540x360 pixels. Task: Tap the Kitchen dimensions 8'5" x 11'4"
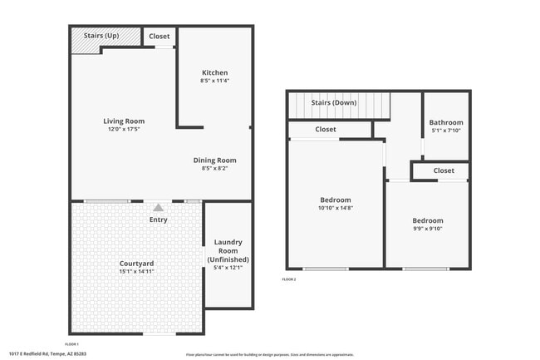(x=214, y=81)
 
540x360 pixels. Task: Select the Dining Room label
(x=214, y=160)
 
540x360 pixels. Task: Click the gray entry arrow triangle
(x=159, y=207)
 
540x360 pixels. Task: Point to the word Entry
(x=158, y=220)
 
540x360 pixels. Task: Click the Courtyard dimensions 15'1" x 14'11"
(x=136, y=271)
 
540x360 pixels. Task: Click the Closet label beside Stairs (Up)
(x=159, y=37)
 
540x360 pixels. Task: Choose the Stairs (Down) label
(x=334, y=102)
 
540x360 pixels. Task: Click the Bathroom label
(x=446, y=123)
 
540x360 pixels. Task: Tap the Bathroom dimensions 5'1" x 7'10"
(x=446, y=131)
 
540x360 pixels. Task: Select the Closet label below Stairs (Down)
(x=326, y=129)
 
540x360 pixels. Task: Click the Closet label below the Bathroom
(x=444, y=170)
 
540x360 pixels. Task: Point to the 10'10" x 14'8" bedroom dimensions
(x=336, y=208)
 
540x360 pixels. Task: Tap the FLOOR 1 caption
(x=71, y=343)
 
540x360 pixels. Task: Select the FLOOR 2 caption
(x=288, y=279)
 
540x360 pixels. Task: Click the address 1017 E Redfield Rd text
(x=47, y=353)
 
